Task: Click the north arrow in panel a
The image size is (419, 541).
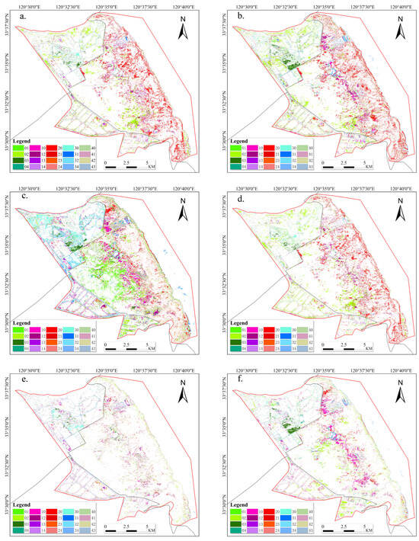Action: [x=183, y=31]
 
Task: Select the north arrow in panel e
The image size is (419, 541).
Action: [x=183, y=396]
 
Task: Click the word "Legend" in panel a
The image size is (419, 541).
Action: [x=24, y=142]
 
